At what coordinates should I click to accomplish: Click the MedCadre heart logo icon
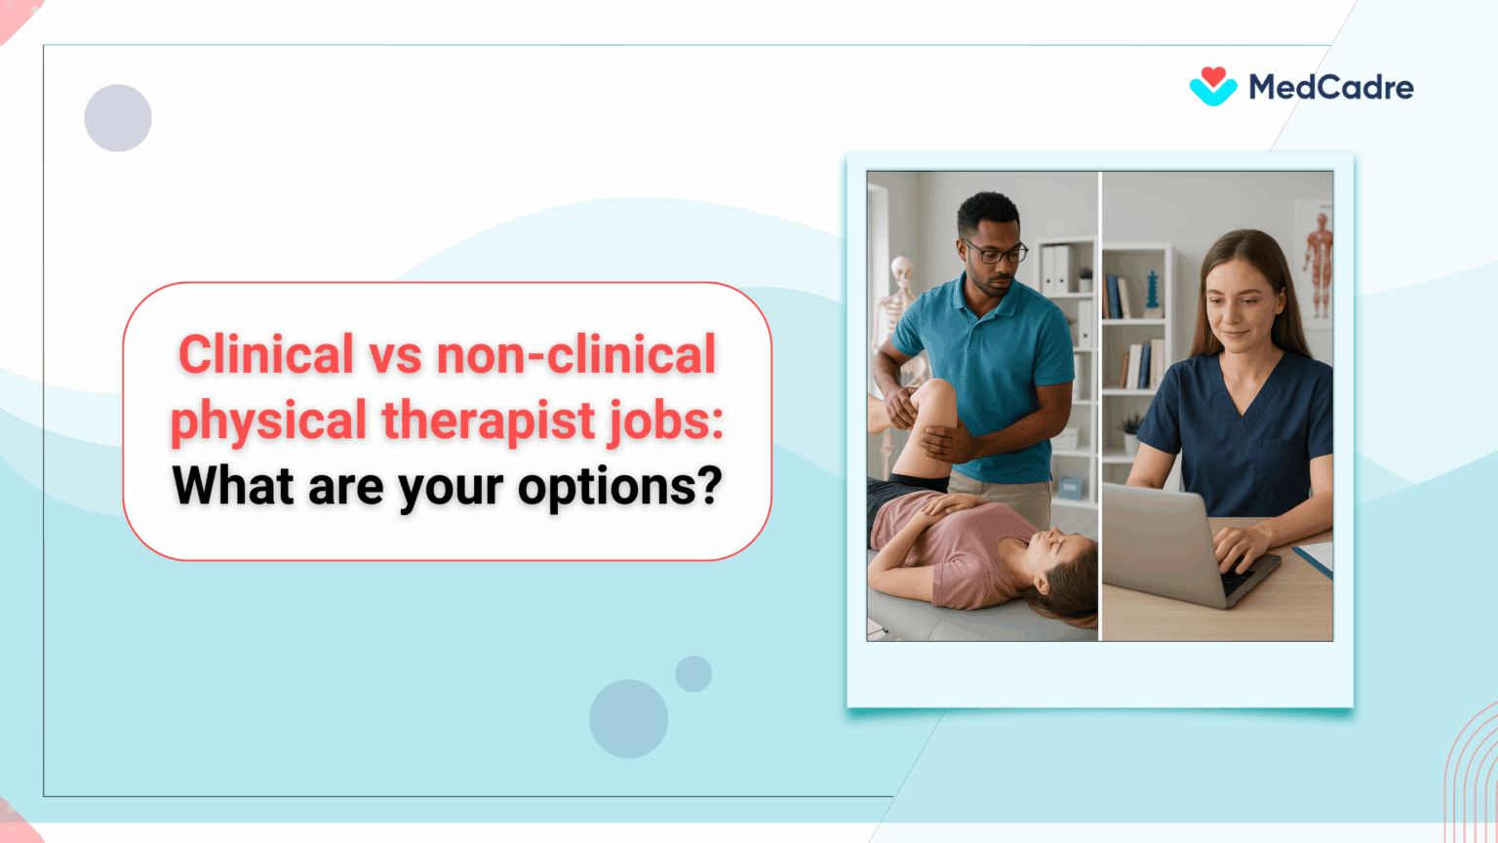coord(1212,87)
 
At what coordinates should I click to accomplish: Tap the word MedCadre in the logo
coord(1331,88)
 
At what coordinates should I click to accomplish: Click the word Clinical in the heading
coord(265,354)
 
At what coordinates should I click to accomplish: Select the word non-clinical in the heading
coord(576,354)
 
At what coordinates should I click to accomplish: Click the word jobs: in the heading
coord(666,421)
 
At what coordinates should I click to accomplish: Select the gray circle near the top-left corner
coord(118,118)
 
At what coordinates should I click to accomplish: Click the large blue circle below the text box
coord(628,719)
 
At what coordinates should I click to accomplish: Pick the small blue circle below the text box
coord(693,674)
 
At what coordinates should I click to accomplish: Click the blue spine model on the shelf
coord(1154,292)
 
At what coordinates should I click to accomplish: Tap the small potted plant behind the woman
coord(1131,430)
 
